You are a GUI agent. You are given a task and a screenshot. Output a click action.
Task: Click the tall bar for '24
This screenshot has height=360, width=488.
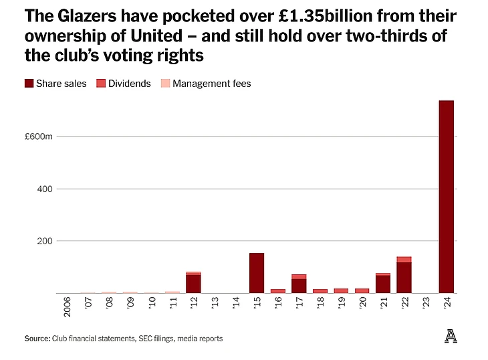pyautogui.click(x=446, y=197)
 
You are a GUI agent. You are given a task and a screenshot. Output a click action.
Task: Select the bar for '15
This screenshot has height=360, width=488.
pyautogui.click(x=257, y=273)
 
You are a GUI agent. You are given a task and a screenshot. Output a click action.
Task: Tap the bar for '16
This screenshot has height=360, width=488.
pyautogui.click(x=277, y=291)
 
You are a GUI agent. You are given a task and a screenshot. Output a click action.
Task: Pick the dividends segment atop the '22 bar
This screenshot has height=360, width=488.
pyautogui.click(x=404, y=260)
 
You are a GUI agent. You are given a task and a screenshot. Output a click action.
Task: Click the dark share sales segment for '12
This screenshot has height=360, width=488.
pyautogui.click(x=193, y=284)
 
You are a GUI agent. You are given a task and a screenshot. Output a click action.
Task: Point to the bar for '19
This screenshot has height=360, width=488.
pyautogui.click(x=341, y=290)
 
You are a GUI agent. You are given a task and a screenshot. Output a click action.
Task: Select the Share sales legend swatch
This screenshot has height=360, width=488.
pyautogui.click(x=29, y=84)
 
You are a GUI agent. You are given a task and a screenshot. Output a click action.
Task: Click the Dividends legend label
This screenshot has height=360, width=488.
pyautogui.click(x=130, y=84)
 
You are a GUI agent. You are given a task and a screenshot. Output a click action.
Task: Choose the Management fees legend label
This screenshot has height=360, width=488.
pyautogui.click(x=212, y=84)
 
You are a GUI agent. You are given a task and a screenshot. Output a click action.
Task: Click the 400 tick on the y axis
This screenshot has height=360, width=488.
pyautogui.click(x=44, y=189)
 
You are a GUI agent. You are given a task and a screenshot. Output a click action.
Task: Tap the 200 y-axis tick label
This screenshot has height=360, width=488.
pyautogui.click(x=44, y=241)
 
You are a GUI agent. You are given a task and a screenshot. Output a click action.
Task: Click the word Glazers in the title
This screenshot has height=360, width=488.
pyautogui.click(x=76, y=15)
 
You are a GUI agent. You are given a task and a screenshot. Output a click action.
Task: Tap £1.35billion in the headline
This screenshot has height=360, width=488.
pyautogui.click(x=268, y=15)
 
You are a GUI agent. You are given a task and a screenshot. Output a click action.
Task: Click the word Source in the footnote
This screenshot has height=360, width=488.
pyautogui.click(x=36, y=339)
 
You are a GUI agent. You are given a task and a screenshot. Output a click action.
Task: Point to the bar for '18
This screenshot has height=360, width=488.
pyautogui.click(x=320, y=291)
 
